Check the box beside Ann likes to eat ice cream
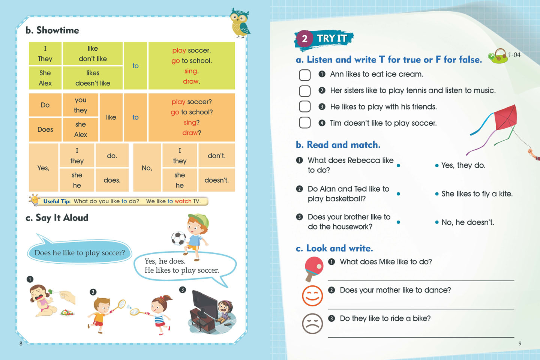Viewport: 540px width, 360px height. coord(304,75)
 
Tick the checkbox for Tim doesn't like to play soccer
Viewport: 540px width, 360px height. coord(304,123)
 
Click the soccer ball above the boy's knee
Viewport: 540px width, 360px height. coord(178,238)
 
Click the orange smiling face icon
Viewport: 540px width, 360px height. coord(312,295)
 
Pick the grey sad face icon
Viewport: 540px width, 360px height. coord(312,323)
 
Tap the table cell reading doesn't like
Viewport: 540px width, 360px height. coord(93,83)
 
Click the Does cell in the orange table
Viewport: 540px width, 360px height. coord(45,129)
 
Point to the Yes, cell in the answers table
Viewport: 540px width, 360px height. coord(43,168)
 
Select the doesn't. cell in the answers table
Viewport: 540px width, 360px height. coord(216,180)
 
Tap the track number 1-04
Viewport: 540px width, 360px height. coord(514,55)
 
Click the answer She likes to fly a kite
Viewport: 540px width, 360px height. coord(477,194)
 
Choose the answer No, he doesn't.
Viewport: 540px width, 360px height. coord(468,222)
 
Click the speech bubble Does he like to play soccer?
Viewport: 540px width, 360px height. coord(79,253)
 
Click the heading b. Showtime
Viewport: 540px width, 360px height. coord(52,30)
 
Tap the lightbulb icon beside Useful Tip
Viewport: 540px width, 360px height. coord(35,200)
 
